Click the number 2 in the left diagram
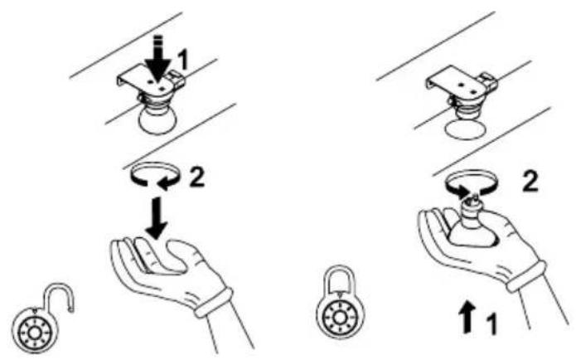coord(197,178)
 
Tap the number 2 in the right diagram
coord(530,182)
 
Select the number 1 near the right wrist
coord(491,324)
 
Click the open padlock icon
coord(43,319)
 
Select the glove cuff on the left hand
coord(214,302)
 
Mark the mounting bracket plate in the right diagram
coord(457,81)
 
